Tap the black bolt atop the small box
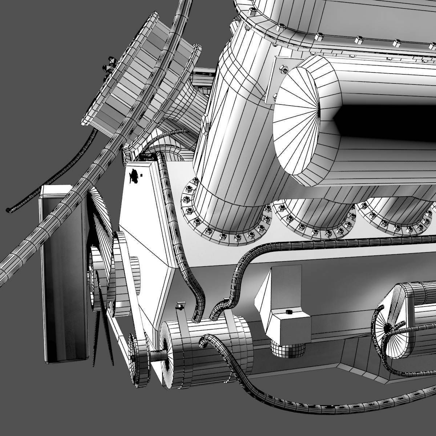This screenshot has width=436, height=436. [x=289, y=312]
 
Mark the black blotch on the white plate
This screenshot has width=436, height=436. [x=134, y=176]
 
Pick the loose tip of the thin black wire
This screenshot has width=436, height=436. [x=8, y=210]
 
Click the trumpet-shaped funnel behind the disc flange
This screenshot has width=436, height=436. [x=183, y=105]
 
